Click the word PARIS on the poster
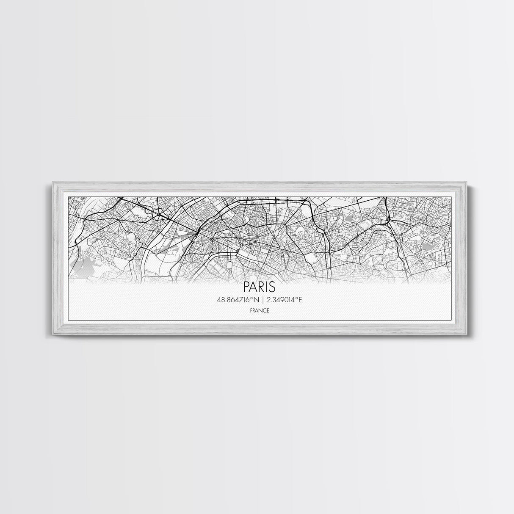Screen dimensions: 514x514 point(260,287)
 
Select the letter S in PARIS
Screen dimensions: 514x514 point(271,287)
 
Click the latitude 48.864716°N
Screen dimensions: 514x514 point(238,300)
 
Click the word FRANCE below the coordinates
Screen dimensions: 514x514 point(260,310)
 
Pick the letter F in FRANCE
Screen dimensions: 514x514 point(251,310)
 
